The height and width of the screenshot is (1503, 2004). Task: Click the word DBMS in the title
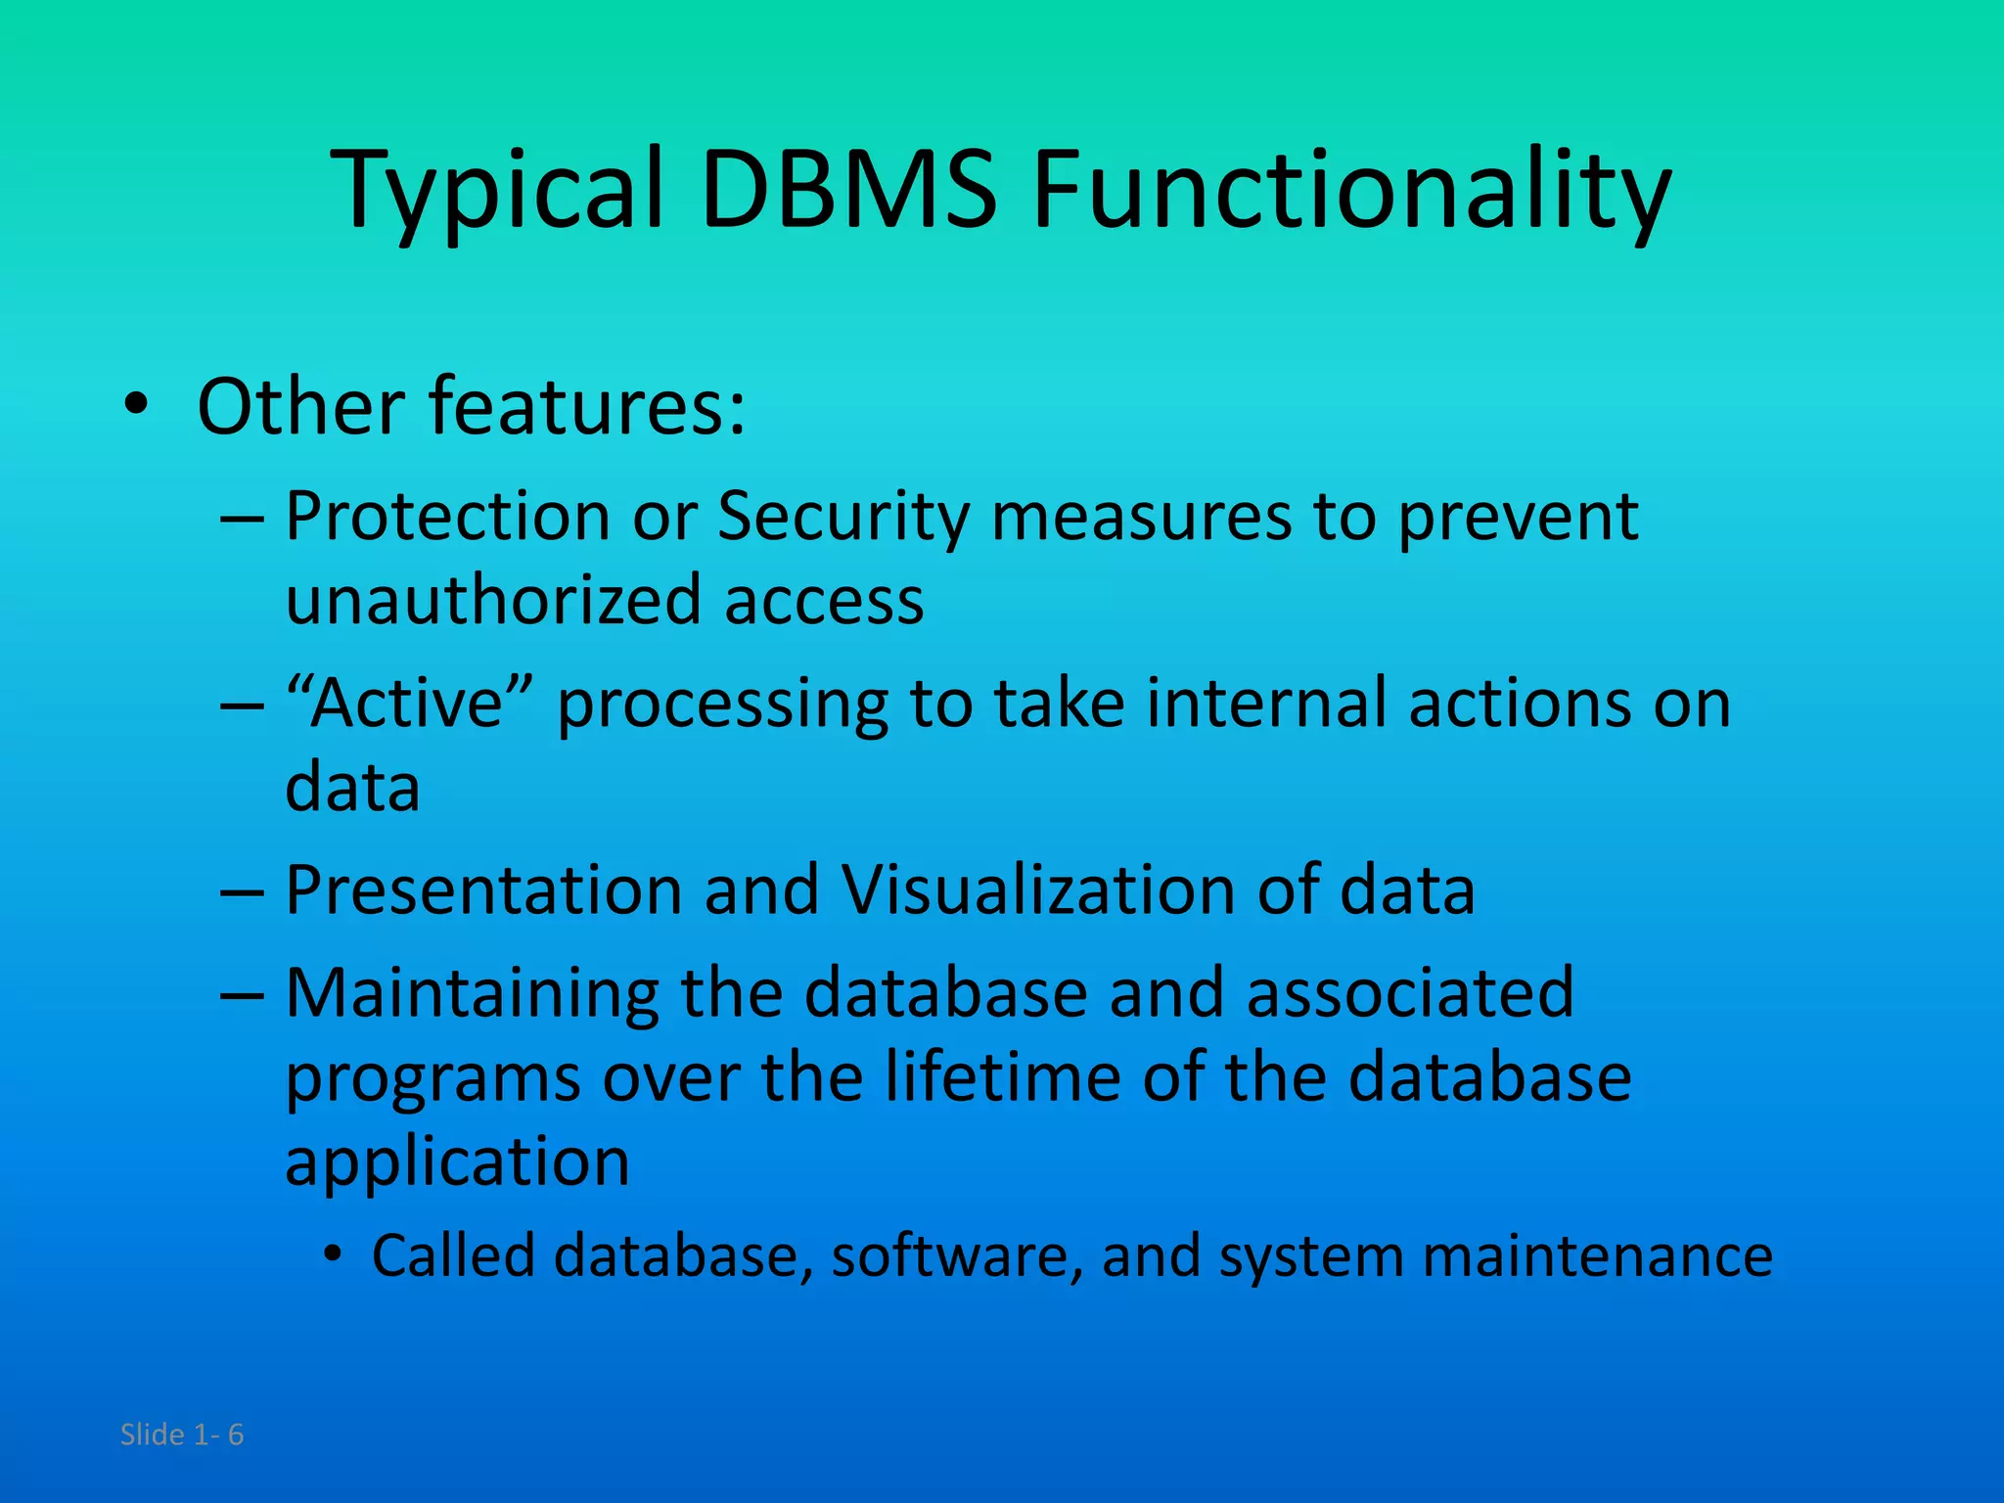click(x=848, y=188)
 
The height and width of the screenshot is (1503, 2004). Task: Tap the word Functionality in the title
click(x=1351, y=188)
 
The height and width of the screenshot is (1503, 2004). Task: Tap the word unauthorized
click(x=493, y=599)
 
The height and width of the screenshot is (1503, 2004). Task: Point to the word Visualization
click(x=1037, y=889)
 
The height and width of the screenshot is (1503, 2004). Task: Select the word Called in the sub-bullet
click(x=452, y=1255)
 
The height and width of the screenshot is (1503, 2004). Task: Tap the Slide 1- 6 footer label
click(x=182, y=1435)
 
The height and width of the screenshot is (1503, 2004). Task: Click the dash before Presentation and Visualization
click(x=242, y=893)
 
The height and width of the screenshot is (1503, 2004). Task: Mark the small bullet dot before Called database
click(x=334, y=1254)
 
